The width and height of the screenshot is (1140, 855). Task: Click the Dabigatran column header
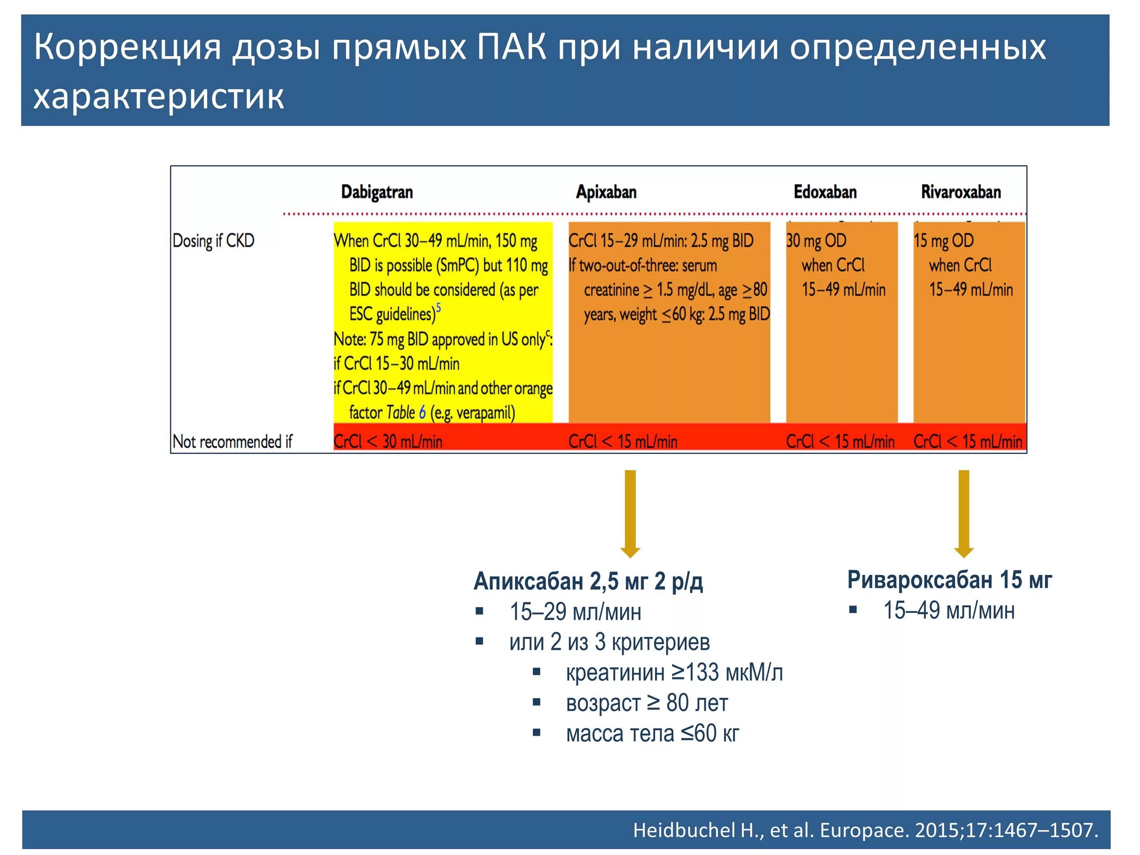(377, 192)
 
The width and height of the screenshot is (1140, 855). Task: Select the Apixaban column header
(606, 192)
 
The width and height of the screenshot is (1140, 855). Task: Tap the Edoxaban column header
(825, 192)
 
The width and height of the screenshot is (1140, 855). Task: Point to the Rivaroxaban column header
(961, 192)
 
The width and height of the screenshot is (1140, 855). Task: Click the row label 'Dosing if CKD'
(213, 241)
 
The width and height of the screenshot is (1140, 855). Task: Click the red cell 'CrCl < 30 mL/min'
(388, 442)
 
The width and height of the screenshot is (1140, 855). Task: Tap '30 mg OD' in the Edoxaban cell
(816, 241)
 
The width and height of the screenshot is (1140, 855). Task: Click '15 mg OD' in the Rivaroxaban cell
(943, 241)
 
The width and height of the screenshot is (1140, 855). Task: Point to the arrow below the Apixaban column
(630, 513)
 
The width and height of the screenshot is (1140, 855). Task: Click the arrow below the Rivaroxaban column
(963, 513)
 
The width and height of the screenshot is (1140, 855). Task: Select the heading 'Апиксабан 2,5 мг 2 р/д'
(588, 581)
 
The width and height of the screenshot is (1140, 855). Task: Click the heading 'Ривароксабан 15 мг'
(949, 580)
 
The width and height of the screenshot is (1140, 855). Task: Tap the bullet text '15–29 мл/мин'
(575, 612)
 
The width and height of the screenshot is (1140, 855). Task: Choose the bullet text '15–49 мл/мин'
(949, 611)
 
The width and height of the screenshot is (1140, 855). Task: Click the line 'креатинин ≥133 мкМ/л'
(674, 673)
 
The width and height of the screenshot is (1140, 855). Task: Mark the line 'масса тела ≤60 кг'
(652, 734)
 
